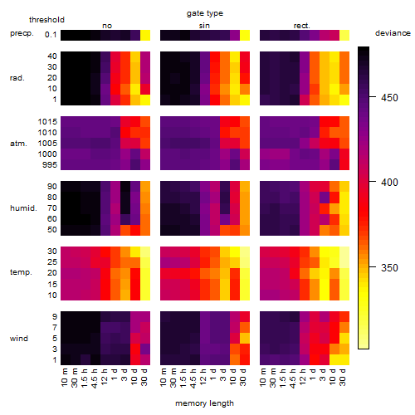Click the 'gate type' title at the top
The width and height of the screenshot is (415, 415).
tap(205, 13)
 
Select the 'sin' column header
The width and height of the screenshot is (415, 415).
tap(204, 26)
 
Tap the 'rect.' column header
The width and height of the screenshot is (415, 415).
tap(301, 26)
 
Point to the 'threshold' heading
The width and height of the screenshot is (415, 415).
tap(46, 20)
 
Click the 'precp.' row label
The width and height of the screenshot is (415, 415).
tap(22, 33)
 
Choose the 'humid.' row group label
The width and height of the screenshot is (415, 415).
tap(23, 208)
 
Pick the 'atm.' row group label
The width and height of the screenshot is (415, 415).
tap(18, 144)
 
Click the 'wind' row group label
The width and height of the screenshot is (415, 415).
tap(19, 339)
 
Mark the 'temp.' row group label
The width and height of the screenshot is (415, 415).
tap(21, 272)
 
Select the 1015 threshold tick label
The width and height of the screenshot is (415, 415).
tap(47, 122)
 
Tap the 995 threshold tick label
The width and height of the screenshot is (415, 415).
tap(50, 165)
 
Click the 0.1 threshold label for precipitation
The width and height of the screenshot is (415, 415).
tap(51, 35)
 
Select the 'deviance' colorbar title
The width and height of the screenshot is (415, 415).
tap(393, 33)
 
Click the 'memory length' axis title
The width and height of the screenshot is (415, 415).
tap(204, 403)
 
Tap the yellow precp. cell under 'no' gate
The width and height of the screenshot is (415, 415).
tap(145, 36)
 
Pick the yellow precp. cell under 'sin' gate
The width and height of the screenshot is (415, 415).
tap(245, 36)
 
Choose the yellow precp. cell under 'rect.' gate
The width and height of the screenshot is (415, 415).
tap(344, 36)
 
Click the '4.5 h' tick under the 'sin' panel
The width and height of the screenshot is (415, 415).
tap(193, 378)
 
